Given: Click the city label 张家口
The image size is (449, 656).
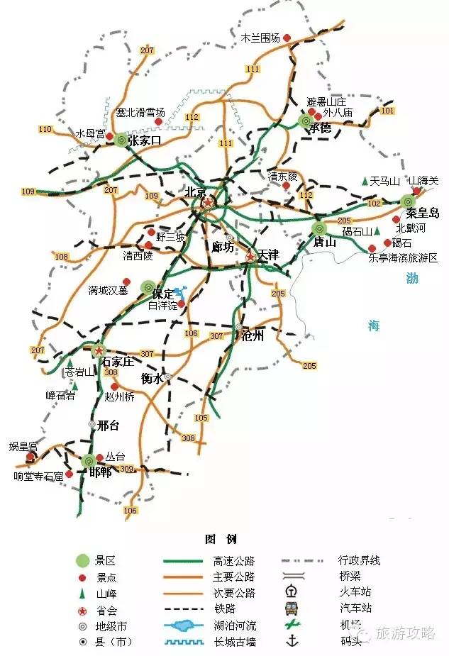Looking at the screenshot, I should [144, 141].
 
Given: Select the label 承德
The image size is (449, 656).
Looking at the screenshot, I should [320, 128].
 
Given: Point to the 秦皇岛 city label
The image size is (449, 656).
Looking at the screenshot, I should [423, 213].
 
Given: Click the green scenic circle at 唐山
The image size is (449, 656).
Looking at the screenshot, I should [319, 228].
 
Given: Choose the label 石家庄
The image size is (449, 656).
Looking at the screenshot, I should [118, 362].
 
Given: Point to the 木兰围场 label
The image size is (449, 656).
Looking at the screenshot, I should [260, 38].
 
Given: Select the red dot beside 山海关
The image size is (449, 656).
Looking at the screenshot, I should [417, 191].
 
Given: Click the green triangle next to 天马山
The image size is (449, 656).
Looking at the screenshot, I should [365, 182].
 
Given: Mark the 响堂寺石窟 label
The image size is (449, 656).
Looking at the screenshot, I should [38, 476].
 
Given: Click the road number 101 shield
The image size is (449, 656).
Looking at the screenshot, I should [387, 111].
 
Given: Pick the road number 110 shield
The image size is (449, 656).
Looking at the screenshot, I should [46, 129].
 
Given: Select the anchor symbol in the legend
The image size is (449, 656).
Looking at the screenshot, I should [291, 641].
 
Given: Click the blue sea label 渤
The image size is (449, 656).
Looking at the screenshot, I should [412, 278].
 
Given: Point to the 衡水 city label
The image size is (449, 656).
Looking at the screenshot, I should [153, 379].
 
